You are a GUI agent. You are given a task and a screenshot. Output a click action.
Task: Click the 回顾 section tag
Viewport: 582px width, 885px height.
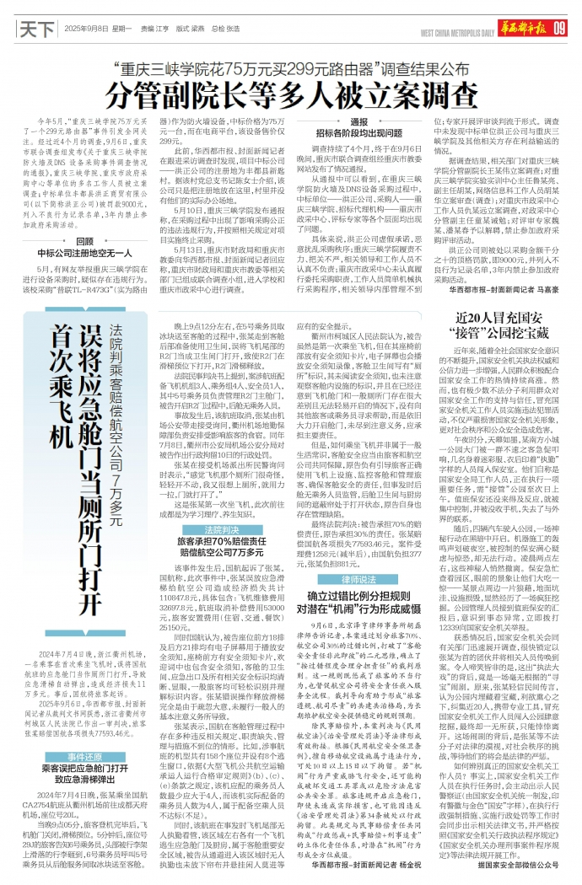coord(85,241)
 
